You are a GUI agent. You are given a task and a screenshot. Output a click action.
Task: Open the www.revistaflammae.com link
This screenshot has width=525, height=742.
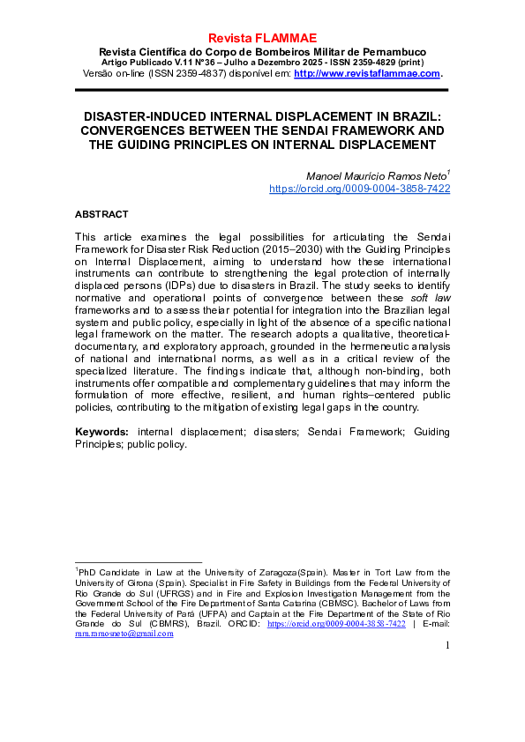click(x=366, y=73)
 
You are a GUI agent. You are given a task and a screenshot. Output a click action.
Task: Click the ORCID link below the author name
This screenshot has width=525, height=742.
click(x=359, y=189)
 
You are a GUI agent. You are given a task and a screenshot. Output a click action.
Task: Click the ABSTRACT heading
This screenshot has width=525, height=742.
click(x=101, y=214)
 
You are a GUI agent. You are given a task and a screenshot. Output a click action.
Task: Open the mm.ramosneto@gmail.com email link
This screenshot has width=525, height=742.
click(x=124, y=634)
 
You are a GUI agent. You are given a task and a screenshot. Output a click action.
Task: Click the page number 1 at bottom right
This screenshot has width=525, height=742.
click(x=446, y=646)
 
